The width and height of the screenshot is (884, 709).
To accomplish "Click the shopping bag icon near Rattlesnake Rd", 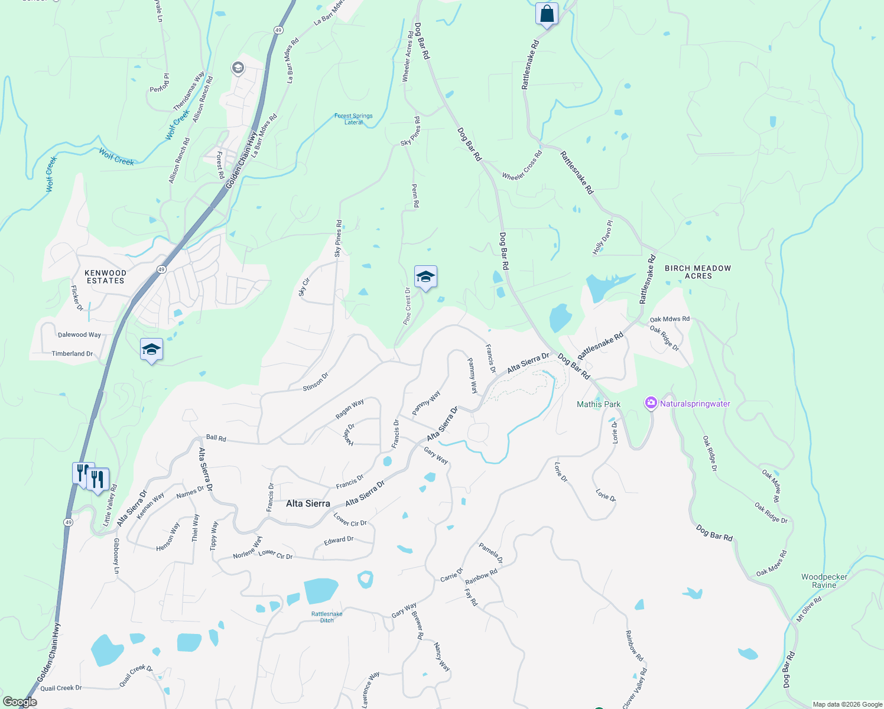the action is click(x=547, y=14).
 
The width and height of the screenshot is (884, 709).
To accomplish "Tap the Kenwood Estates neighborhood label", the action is click(x=106, y=277).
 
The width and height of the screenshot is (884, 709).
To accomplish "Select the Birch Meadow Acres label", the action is click(x=698, y=272).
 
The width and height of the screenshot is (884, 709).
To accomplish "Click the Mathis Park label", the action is click(x=599, y=404).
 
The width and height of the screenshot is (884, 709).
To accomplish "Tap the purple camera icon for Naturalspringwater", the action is click(x=651, y=404).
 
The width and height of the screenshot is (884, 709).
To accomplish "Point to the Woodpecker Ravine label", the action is click(x=824, y=581).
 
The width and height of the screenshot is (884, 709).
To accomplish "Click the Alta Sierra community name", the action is click(x=308, y=503).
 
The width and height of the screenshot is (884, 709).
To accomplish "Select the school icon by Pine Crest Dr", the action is click(x=425, y=277).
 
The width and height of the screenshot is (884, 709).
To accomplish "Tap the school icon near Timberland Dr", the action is click(x=151, y=349).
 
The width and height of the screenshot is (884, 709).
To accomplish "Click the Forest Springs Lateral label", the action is click(x=353, y=119).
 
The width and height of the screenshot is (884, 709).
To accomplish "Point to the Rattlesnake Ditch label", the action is click(x=327, y=617).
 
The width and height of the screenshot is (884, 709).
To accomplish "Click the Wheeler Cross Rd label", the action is click(x=522, y=166).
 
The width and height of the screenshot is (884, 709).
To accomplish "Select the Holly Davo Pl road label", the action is click(x=603, y=238).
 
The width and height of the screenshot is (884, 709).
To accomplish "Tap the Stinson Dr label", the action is click(x=316, y=382).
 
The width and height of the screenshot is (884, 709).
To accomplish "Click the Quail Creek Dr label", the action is click(x=61, y=688).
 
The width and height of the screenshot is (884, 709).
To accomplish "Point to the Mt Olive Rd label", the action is click(x=809, y=609).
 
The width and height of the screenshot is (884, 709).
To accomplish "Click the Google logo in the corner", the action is click(x=19, y=702).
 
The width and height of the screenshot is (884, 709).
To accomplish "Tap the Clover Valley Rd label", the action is click(x=635, y=688).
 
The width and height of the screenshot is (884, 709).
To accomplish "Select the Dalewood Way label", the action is click(x=79, y=334).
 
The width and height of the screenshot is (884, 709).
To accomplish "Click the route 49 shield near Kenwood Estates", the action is click(x=162, y=269).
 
